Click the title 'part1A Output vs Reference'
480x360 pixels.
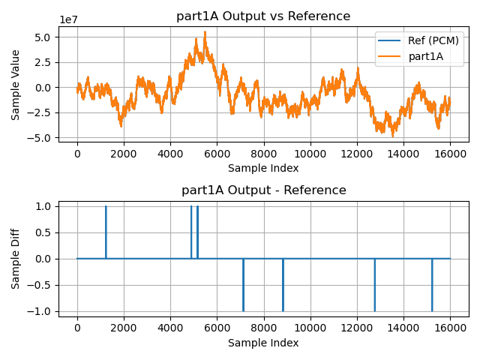coord(263,16)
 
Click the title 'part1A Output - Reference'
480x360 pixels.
coord(263,190)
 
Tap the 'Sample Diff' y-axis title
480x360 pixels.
coord(16,258)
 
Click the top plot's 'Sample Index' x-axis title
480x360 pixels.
coord(263,169)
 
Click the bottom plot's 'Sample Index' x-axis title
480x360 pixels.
coord(263,343)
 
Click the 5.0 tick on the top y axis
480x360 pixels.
coord(41,37)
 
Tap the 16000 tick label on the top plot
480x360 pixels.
coord(450,153)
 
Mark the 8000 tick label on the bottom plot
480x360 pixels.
coord(263,327)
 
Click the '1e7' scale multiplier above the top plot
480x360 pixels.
coord(68,19)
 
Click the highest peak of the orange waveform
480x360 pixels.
coord(205,32)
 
